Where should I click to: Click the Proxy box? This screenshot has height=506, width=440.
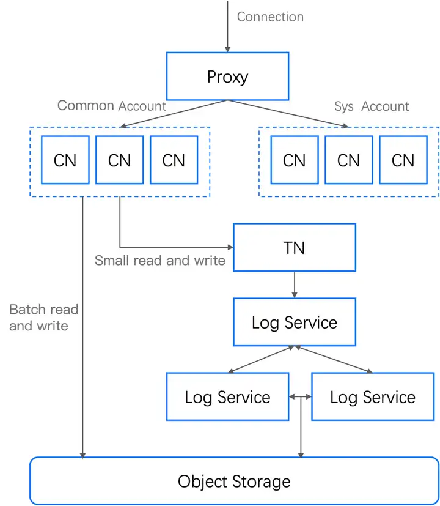(x=227, y=76)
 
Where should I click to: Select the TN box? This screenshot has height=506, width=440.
(x=295, y=247)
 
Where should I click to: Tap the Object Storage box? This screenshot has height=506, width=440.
(x=234, y=481)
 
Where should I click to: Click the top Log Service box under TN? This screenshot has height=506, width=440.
(x=295, y=322)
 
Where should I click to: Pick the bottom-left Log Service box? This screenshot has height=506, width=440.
(x=227, y=396)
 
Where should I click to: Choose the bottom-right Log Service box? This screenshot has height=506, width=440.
(x=373, y=396)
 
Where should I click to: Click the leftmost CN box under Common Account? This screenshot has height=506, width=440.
(x=65, y=160)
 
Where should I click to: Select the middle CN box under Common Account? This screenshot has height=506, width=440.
(x=120, y=160)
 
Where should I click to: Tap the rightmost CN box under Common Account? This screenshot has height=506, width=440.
(x=174, y=160)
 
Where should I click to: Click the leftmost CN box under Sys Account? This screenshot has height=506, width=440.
(x=295, y=160)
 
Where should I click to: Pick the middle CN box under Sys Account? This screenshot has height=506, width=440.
(x=348, y=160)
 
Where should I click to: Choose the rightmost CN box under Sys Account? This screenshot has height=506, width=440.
(x=403, y=160)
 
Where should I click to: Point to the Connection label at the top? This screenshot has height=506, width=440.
(x=270, y=17)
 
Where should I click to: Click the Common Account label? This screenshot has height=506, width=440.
(x=112, y=106)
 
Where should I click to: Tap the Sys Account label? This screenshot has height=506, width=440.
(x=372, y=106)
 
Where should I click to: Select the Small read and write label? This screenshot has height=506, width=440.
(x=160, y=261)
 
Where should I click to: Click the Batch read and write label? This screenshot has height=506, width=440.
(x=43, y=318)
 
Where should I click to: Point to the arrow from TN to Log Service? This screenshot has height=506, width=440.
(x=295, y=285)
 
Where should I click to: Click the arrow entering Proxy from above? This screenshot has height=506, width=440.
(x=227, y=28)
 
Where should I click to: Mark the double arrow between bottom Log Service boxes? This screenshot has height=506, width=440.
(x=300, y=396)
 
